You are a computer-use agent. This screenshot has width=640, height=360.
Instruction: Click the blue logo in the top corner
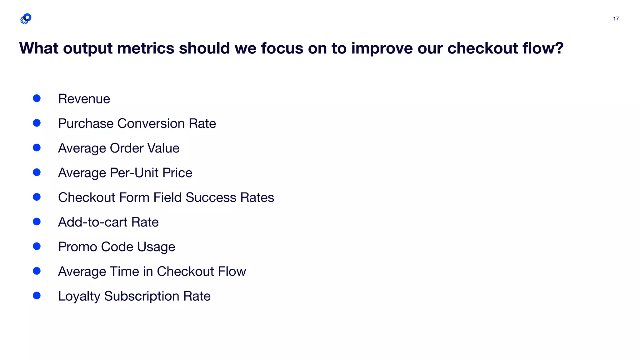click(x=26, y=19)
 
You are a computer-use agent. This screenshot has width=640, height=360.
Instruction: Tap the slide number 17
click(x=616, y=19)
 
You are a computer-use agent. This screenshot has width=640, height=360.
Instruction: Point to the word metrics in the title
click(x=146, y=48)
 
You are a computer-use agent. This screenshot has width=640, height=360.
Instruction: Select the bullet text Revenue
click(x=84, y=99)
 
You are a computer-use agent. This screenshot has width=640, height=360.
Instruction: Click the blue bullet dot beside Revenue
click(x=37, y=98)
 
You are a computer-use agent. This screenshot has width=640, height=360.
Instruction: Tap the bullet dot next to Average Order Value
click(x=37, y=147)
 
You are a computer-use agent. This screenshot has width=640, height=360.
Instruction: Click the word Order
click(x=126, y=148)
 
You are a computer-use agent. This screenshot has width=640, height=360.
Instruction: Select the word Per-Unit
click(x=134, y=173)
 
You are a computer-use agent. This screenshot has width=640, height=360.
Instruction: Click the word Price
click(x=177, y=173)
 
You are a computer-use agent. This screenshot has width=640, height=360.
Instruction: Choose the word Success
click(x=211, y=197)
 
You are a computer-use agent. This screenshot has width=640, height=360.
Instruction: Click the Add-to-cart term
click(x=92, y=222)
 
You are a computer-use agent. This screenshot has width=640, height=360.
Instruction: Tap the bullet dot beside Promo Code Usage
click(x=37, y=246)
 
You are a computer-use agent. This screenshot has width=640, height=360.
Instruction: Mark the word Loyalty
click(x=79, y=297)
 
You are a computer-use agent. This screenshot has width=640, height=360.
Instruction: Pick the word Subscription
click(x=142, y=297)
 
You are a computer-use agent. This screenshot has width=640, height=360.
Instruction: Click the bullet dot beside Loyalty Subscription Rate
click(x=37, y=296)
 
